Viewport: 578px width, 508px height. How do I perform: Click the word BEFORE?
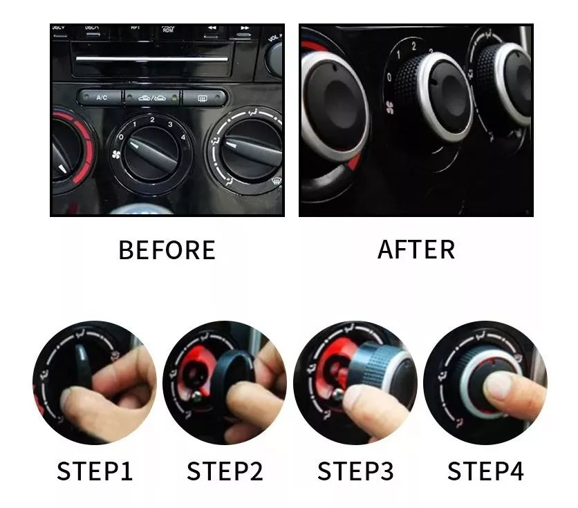pos(167,250)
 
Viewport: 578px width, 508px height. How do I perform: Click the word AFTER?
pos(416,250)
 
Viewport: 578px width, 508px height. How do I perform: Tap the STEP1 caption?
pos(95,471)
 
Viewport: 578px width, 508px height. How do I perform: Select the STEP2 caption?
pos(225,471)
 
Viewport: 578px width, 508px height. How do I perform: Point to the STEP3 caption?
pos(355,471)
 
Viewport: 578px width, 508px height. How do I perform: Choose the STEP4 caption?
pos(485,471)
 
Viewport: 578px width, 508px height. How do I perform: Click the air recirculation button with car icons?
pos(151,97)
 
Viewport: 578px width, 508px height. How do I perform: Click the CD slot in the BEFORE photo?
pos(151,59)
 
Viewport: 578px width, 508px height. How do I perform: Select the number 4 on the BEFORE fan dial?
pos(183,137)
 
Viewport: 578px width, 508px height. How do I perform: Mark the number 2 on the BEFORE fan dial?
pos(151,120)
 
